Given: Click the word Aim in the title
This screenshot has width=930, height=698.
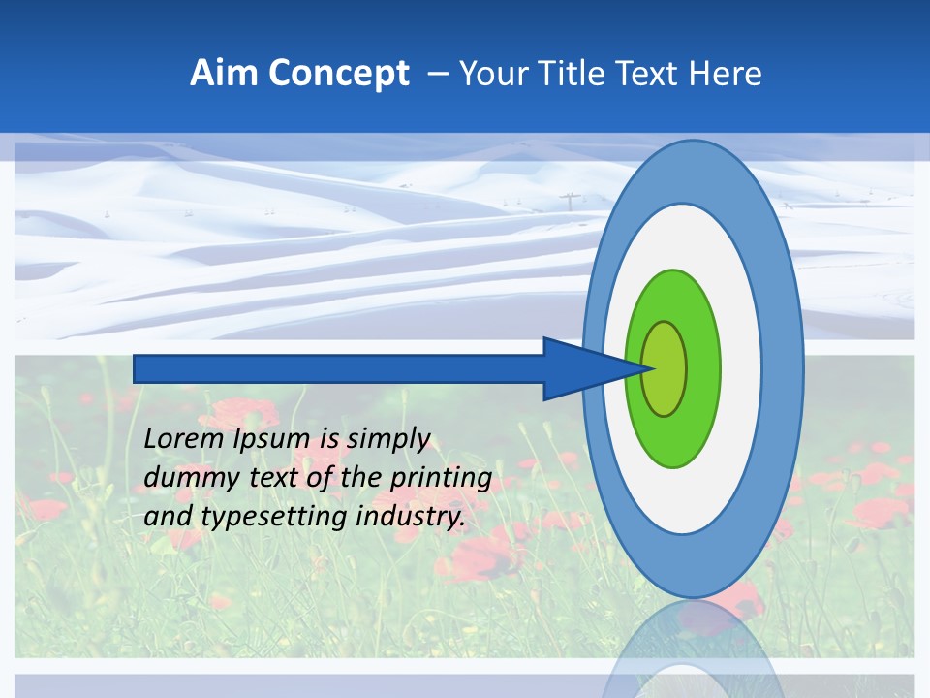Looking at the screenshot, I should tap(223, 74).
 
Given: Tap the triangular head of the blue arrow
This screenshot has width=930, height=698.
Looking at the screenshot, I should tap(581, 368).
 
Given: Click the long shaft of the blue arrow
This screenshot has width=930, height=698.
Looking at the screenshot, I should tap(339, 368).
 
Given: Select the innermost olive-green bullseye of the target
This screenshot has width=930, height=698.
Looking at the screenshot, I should tap(664, 368).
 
